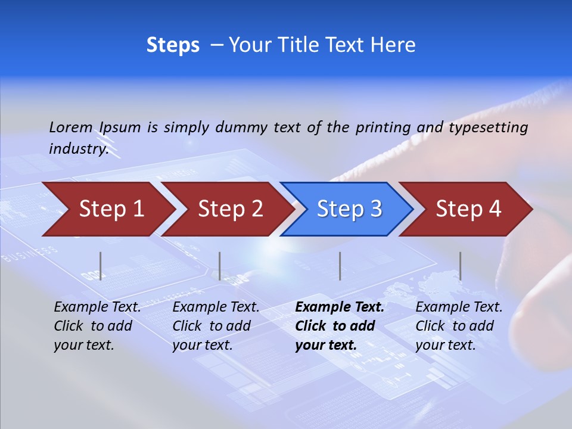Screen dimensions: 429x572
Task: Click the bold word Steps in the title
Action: (x=173, y=45)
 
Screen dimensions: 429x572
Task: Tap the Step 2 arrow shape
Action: (x=229, y=209)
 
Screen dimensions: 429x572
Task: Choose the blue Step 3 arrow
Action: (x=348, y=209)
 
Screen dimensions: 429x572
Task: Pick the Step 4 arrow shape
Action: (x=467, y=209)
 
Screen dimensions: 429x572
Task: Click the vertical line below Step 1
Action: (x=101, y=266)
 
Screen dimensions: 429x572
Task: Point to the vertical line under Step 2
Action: (x=220, y=266)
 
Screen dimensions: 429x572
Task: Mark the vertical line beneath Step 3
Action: (x=340, y=266)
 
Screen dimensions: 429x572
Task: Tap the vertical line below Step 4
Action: (x=461, y=266)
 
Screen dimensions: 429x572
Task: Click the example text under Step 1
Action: (x=97, y=326)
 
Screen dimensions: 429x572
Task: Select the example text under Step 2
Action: (x=216, y=326)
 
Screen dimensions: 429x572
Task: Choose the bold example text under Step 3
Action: (x=340, y=326)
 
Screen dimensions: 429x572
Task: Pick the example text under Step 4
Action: (x=459, y=326)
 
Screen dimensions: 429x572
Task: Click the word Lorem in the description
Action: (x=71, y=127)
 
